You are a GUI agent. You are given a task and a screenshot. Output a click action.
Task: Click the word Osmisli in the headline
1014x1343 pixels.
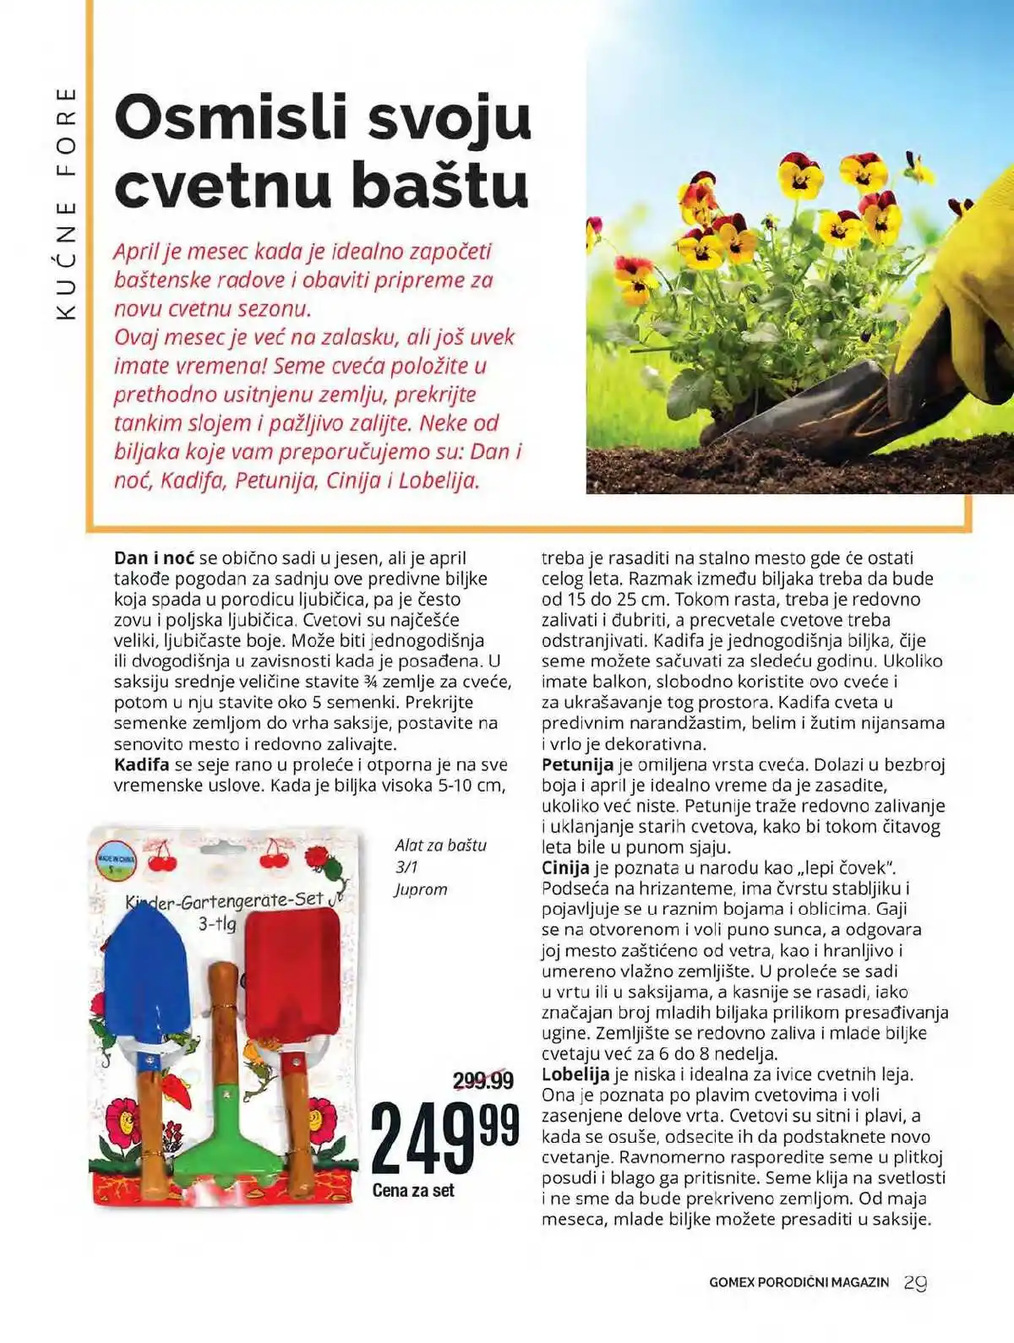click(x=231, y=118)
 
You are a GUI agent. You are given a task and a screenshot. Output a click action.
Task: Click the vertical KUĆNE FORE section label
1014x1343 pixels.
click(x=66, y=203)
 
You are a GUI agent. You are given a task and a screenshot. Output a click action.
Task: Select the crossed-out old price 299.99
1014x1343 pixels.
click(x=482, y=1080)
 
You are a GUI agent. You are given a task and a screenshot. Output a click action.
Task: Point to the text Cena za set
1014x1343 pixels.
click(x=413, y=1190)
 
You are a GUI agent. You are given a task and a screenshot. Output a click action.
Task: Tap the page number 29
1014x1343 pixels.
click(x=915, y=1282)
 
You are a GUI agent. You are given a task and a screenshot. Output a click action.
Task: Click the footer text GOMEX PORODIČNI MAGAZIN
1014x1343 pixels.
click(x=799, y=1282)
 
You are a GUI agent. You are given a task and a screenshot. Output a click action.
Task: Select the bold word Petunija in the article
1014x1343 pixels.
click(x=577, y=765)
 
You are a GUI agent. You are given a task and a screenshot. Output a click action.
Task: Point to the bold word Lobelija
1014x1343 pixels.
click(x=575, y=1075)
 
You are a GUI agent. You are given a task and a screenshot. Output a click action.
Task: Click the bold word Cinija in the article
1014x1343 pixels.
click(x=565, y=868)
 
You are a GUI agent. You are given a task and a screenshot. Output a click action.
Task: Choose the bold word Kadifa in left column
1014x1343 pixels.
click(x=142, y=765)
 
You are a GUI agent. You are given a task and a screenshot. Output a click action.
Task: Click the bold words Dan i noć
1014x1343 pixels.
click(x=154, y=558)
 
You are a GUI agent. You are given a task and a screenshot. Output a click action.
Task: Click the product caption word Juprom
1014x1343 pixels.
click(x=421, y=889)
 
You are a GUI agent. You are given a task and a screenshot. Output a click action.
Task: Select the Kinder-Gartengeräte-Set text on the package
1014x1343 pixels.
click(x=225, y=901)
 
